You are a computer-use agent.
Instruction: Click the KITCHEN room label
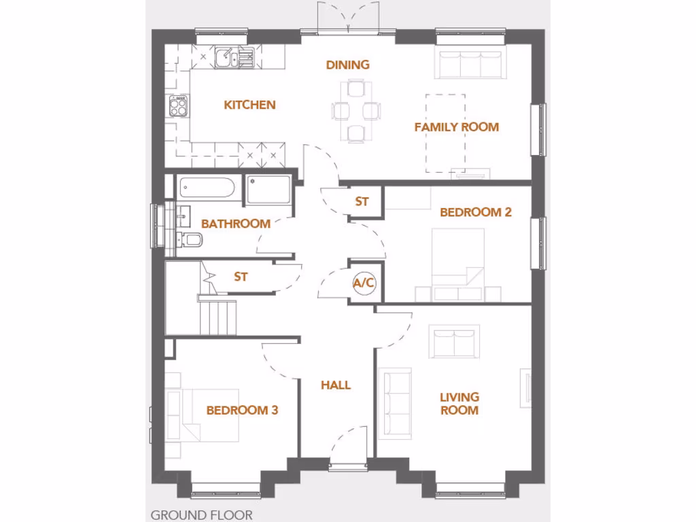point(249,105)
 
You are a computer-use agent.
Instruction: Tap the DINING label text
point(347,65)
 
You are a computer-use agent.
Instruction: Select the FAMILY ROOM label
point(456,127)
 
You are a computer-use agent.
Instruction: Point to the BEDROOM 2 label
point(475,212)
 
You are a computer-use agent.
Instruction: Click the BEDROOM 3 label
point(242,411)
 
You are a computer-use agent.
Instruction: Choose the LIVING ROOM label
point(459,404)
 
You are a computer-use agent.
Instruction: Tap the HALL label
point(336,385)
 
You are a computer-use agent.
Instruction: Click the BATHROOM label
point(236,224)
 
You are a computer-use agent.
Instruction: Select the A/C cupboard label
point(364,283)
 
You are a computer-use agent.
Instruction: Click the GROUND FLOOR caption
point(201,515)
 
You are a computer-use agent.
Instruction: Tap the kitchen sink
point(225,58)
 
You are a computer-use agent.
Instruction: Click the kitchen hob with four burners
point(179,106)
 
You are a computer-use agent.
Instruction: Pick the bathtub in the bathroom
point(208,188)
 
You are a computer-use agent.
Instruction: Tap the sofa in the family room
point(470,65)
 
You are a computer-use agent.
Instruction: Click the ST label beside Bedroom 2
point(362,202)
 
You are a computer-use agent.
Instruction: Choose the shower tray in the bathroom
point(268,190)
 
